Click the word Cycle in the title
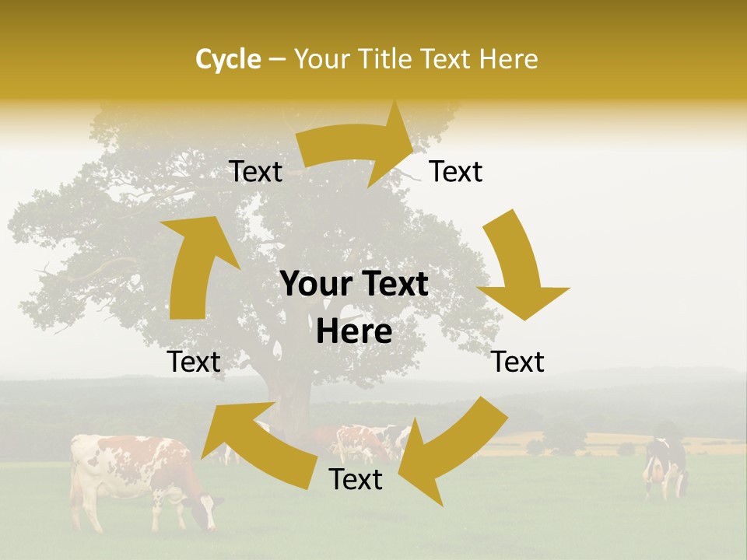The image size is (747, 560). [228, 59]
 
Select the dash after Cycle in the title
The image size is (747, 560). [277, 59]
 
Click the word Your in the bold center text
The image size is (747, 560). [314, 285]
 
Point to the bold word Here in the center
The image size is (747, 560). [354, 331]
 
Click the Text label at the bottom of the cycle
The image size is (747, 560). [356, 480]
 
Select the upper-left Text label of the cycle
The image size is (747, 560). [256, 172]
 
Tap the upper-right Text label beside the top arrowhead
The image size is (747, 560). [456, 172]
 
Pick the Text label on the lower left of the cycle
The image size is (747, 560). [194, 362]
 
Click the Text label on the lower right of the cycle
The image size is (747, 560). [517, 362]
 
